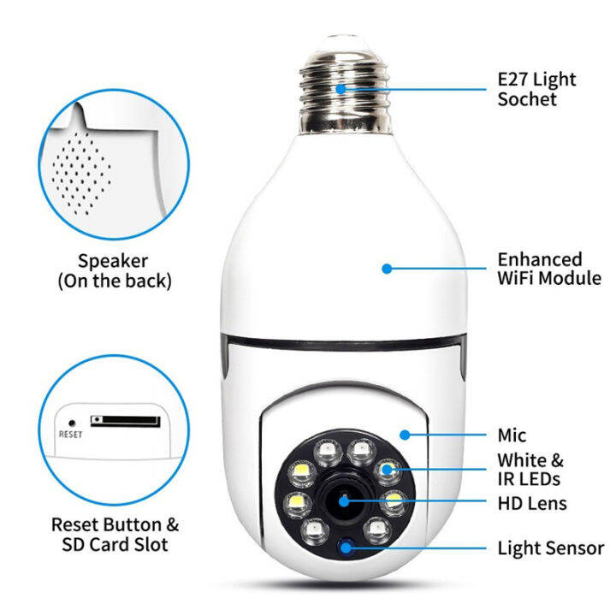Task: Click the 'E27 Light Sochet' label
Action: (537, 89)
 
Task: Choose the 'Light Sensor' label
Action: (551, 548)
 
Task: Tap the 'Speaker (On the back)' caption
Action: (113, 270)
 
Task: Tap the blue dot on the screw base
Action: (341, 87)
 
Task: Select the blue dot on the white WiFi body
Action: (387, 268)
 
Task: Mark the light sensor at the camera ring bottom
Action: (346, 548)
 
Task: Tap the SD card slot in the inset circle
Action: (125, 421)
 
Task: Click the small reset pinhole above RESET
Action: (70, 421)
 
